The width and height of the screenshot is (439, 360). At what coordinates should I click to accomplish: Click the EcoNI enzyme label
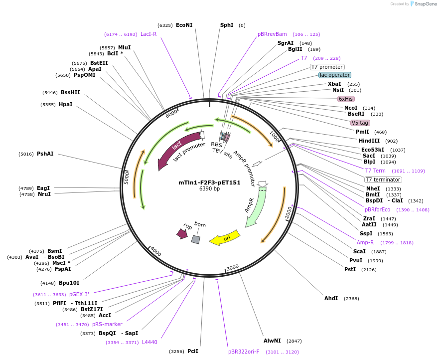184,25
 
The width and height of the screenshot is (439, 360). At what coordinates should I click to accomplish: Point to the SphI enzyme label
227,25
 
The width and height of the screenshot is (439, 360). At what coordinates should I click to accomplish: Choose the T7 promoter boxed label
327,67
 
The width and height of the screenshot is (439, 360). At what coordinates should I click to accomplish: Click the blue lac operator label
335,75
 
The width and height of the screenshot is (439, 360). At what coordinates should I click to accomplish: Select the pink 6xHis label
346,99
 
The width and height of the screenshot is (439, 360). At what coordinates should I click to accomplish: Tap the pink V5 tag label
360,123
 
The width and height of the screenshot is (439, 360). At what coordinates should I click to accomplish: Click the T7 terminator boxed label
383,180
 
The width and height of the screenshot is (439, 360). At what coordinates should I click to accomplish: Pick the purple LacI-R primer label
148,34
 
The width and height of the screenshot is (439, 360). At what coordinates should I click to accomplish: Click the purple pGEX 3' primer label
79,294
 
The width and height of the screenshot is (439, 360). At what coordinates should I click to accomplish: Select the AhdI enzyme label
331,298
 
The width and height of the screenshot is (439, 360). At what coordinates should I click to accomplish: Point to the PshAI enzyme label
45,154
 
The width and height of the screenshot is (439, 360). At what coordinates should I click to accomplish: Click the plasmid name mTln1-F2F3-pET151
209,182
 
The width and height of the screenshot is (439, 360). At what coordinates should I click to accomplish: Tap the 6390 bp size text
209,188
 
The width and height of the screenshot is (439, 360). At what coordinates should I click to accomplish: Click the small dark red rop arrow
182,233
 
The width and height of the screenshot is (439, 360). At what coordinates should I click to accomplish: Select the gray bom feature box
196,239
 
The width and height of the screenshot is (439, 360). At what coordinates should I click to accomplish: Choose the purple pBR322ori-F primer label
244,352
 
